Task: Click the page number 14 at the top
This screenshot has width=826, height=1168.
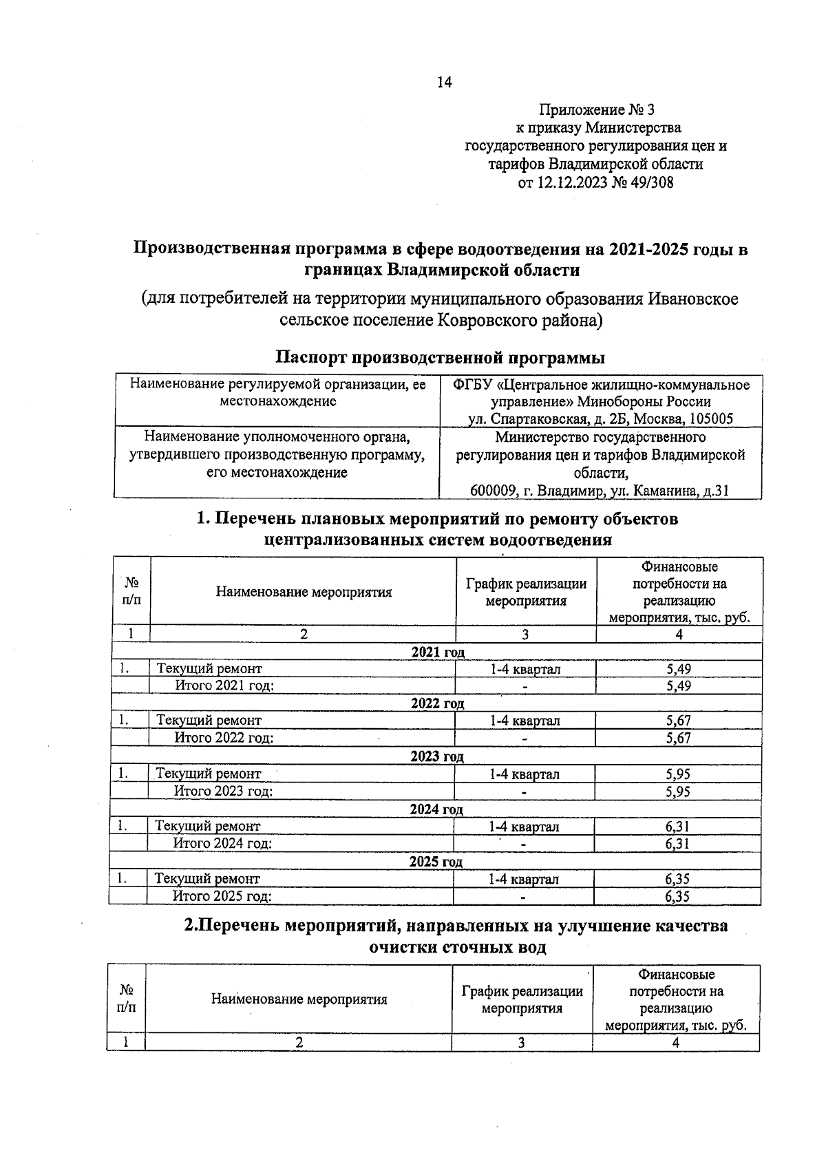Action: [444, 83]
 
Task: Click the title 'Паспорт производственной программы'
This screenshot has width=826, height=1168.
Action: [441, 358]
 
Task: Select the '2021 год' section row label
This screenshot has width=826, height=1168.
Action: [437, 652]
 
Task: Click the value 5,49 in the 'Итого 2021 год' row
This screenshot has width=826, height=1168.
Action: [679, 686]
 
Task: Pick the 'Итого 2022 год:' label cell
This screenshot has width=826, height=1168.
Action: [224, 738]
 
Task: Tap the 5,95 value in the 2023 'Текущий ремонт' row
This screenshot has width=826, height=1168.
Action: [678, 774]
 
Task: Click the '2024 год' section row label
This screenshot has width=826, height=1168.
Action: [436, 809]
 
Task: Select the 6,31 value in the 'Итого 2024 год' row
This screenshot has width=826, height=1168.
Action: [677, 844]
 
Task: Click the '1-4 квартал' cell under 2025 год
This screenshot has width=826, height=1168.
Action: [524, 879]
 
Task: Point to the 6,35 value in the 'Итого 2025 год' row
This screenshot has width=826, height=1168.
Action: [677, 896]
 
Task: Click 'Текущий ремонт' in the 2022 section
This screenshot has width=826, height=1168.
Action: [209, 721]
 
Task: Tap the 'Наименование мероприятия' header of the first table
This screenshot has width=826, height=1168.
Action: [304, 592]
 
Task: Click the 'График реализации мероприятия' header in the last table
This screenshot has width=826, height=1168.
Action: [522, 1000]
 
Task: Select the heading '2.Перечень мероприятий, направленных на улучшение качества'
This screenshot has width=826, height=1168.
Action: [456, 926]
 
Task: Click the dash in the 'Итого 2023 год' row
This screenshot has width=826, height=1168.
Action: [525, 792]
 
